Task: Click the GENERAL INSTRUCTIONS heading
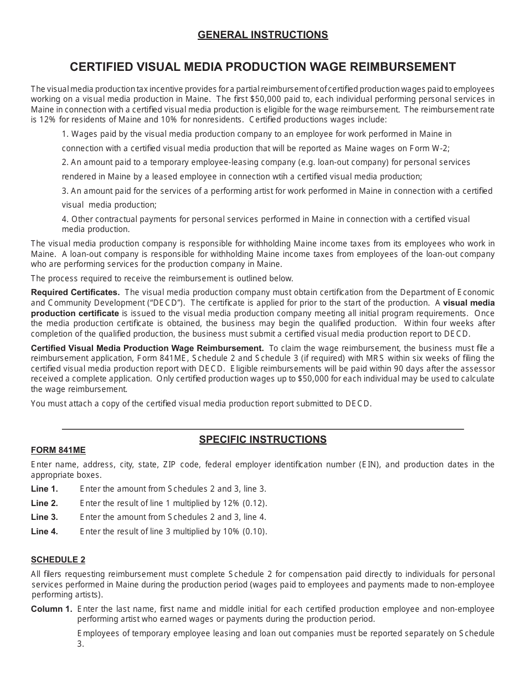(x=262, y=35)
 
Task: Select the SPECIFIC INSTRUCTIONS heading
(x=262, y=440)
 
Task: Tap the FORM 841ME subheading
(x=58, y=450)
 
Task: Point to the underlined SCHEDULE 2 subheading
(x=58, y=560)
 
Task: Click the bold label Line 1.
(x=44, y=489)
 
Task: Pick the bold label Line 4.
(x=44, y=532)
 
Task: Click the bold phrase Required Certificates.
(x=75, y=292)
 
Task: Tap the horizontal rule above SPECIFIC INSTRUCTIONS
(x=262, y=429)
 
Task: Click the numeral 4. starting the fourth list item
(x=65, y=219)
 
